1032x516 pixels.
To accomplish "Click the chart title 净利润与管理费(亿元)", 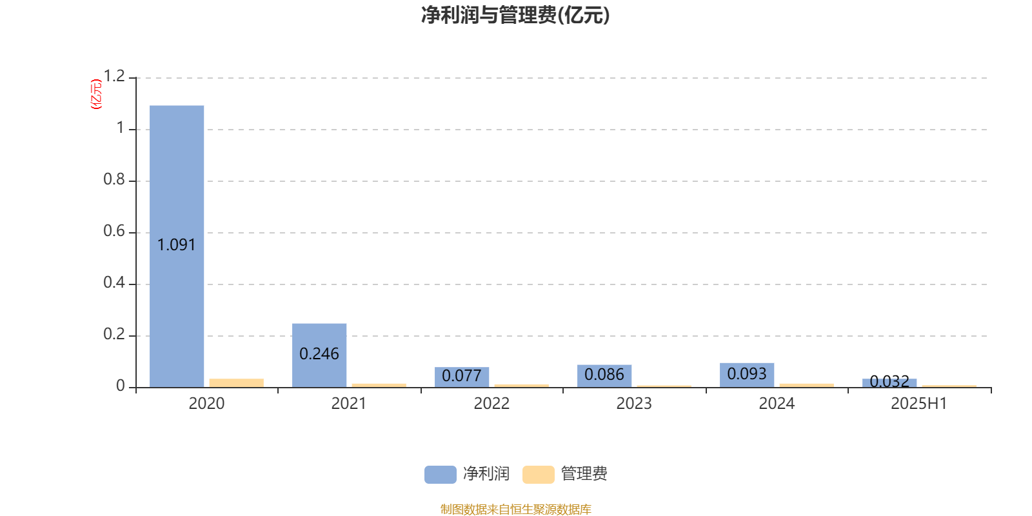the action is click(515, 15).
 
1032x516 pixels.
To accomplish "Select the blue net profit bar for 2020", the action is click(177, 246).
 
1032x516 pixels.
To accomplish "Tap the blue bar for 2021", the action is click(319, 355).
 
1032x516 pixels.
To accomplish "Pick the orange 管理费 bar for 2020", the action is click(236, 383).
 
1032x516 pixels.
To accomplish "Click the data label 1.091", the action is click(177, 244).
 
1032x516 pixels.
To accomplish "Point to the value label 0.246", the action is click(319, 354).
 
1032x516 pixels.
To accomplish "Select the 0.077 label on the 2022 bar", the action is click(462, 375).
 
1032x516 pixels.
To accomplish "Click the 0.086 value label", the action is click(604, 374).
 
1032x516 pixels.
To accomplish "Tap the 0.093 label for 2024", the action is click(747, 373).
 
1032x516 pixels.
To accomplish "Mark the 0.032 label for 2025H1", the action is click(889, 381).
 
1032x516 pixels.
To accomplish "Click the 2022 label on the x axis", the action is click(491, 404).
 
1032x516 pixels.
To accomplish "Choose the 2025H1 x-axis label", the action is click(919, 404).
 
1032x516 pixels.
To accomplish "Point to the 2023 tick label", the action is click(634, 404).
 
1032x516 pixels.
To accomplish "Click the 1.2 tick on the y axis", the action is click(114, 76).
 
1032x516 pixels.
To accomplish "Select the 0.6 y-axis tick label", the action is click(114, 231).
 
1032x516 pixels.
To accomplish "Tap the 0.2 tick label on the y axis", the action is click(114, 334).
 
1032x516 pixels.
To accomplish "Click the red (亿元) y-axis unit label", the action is click(96, 94).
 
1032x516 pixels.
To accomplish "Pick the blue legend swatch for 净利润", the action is click(441, 475).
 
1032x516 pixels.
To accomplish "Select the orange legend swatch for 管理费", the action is click(539, 475).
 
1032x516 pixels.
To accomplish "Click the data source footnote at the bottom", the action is click(515, 509).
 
